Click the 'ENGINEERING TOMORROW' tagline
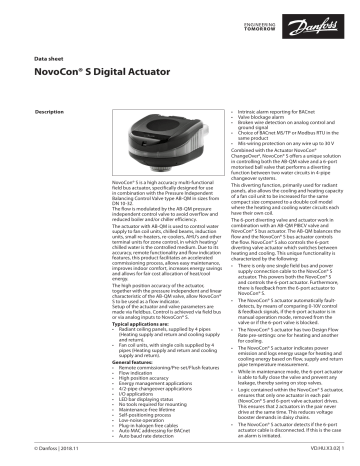278,17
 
